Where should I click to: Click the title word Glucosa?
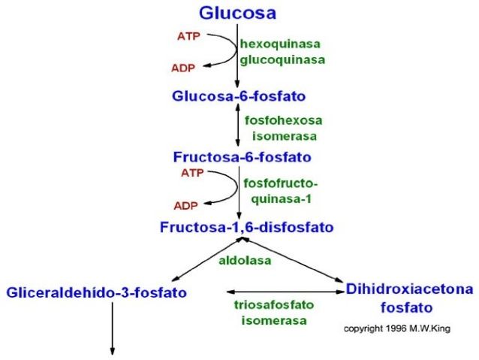pyautogui.click(x=238, y=13)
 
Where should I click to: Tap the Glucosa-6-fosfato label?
pyautogui.click(x=239, y=96)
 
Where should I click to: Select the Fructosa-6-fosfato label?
pyautogui.click(x=243, y=157)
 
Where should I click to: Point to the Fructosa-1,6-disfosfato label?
pyautogui.click(x=246, y=227)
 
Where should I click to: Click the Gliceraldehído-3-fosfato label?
pyautogui.click(x=97, y=292)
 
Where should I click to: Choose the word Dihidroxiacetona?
pyautogui.click(x=409, y=289)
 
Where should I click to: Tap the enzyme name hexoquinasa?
pyautogui.click(x=280, y=44)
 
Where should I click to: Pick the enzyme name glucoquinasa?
pyautogui.click(x=282, y=60)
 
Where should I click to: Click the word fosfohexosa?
pyautogui.click(x=284, y=120)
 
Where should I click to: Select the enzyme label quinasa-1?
pyautogui.click(x=282, y=199)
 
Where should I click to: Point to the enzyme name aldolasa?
pyautogui.click(x=245, y=260)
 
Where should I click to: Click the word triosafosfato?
pyautogui.click(x=274, y=304)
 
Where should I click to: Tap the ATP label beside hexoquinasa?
pyautogui.click(x=188, y=36)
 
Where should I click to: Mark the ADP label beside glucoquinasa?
pyautogui.click(x=183, y=68)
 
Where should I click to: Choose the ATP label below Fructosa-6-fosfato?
pyautogui.click(x=192, y=173)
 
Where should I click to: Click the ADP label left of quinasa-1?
pyautogui.click(x=185, y=205)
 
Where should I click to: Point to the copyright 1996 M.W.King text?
pyautogui.click(x=397, y=328)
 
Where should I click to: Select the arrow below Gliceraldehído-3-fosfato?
pyautogui.click(x=113, y=328)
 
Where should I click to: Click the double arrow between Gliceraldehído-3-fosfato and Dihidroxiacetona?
pyautogui.click(x=285, y=292)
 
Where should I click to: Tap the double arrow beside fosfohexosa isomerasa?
pyautogui.click(x=238, y=125)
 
